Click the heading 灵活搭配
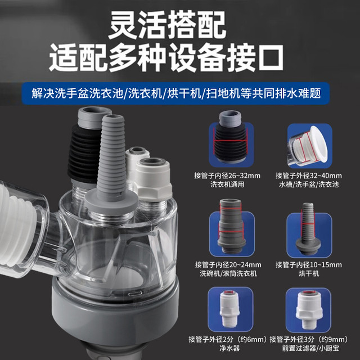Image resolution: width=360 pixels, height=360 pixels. click(168, 25)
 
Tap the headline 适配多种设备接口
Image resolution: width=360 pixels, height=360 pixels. click(166, 57)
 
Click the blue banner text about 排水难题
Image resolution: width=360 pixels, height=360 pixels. click(176, 93)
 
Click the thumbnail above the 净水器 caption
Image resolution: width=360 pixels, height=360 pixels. click(230, 309)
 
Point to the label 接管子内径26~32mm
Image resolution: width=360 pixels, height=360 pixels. click(227, 176)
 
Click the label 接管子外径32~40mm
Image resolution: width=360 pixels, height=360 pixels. click(309, 176)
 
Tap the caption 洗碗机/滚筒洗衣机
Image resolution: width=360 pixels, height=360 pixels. click(228, 273)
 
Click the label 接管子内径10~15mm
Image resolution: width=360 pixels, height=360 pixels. click(309, 265)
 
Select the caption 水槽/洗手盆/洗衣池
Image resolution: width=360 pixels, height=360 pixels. click(309, 184)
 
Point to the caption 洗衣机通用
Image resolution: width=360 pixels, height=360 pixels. click(227, 184)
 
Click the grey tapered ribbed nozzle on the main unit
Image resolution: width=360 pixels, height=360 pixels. click(112, 161)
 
